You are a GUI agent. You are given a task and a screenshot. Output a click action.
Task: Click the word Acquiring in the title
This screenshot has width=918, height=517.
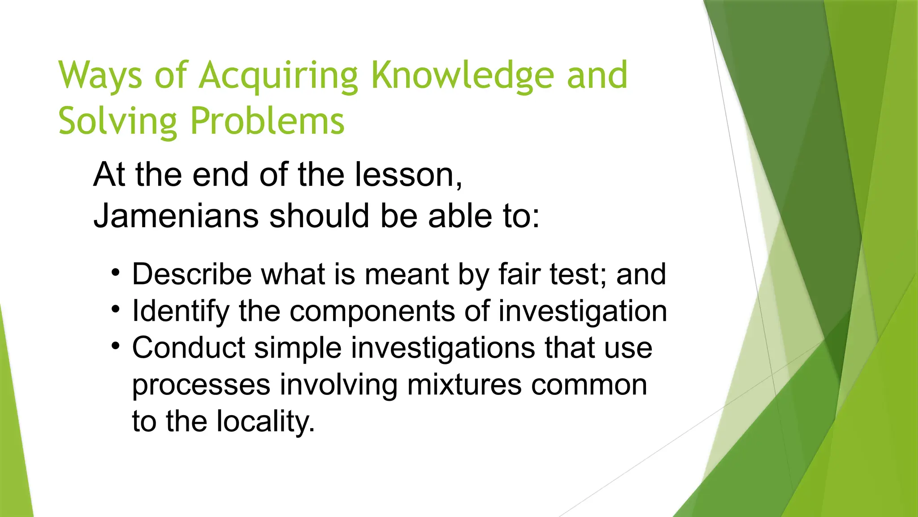pyautogui.click(x=278, y=76)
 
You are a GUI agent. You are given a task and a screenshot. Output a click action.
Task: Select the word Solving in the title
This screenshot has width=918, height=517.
pyautogui.click(x=118, y=121)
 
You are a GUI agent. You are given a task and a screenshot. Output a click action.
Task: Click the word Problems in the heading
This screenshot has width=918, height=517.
pyautogui.click(x=268, y=121)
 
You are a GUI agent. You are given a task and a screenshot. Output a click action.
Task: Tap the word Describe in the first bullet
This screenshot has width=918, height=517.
pyautogui.click(x=192, y=274)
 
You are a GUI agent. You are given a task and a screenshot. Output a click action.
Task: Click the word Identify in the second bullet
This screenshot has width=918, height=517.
pyautogui.click(x=181, y=311)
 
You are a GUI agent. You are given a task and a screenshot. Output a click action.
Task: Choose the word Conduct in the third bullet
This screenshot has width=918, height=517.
pyautogui.click(x=189, y=348)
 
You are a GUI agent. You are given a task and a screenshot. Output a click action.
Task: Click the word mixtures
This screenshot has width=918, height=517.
pyautogui.click(x=464, y=385)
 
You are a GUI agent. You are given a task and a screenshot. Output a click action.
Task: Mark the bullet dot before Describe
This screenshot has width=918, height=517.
pyautogui.click(x=116, y=273)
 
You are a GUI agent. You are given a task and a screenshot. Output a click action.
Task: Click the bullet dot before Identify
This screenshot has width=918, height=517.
pyautogui.click(x=116, y=310)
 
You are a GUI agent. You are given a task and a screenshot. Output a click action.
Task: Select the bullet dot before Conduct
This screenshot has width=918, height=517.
pyautogui.click(x=116, y=346)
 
